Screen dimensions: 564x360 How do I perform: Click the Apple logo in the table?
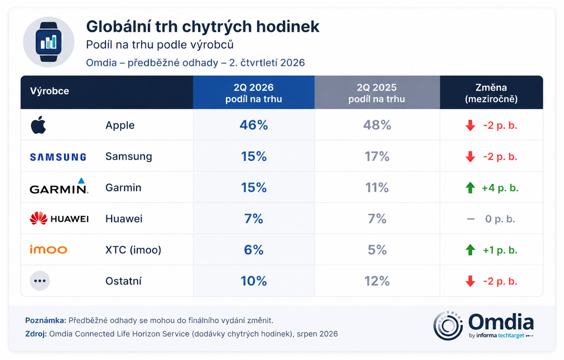pos(38,125)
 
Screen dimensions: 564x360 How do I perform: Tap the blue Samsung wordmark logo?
pos(58,157)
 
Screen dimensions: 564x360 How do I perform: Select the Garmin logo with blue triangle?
pos(59,186)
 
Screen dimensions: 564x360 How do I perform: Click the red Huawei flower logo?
pos(38,218)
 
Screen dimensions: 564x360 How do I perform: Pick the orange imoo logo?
pos(48,249)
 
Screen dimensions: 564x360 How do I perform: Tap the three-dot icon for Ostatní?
pos(40,281)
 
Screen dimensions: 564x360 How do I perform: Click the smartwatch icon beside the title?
pos(48,42)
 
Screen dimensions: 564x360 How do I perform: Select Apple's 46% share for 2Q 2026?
pos(254,125)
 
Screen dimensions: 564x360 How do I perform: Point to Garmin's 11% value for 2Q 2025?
pos(377,188)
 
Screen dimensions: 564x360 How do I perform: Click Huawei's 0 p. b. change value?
pos(500,219)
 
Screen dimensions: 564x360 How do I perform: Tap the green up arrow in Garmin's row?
pos(470,188)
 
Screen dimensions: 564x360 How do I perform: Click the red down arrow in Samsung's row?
pos(470,157)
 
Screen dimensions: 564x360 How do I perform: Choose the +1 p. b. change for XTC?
pos(500,250)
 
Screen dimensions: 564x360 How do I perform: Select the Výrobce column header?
pos(49,91)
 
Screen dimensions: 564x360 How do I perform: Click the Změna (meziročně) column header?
pos(491,93)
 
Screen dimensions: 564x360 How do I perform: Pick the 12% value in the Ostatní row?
pos(377,281)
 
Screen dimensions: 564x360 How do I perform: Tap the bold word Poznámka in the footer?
pos(46,320)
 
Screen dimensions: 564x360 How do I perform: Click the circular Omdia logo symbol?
pos(448,326)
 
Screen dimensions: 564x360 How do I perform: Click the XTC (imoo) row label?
pos(133,250)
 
